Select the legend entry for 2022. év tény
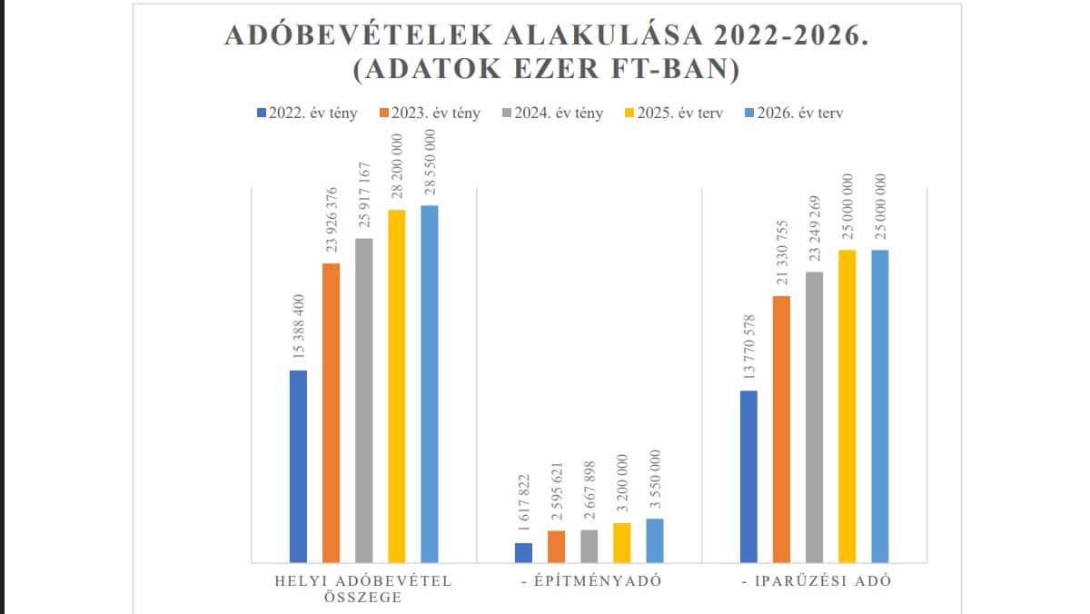tap(307, 114)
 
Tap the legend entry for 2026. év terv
tap(793, 114)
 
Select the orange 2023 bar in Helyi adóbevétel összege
tap(331, 412)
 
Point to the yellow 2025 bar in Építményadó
tap(621, 542)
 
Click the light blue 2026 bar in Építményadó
tap(654, 540)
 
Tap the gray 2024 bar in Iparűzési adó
tap(814, 417)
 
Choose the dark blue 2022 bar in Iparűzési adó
tap(748, 476)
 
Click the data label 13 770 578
tap(749, 350)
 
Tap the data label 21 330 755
tap(782, 255)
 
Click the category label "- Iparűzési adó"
tap(815, 581)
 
